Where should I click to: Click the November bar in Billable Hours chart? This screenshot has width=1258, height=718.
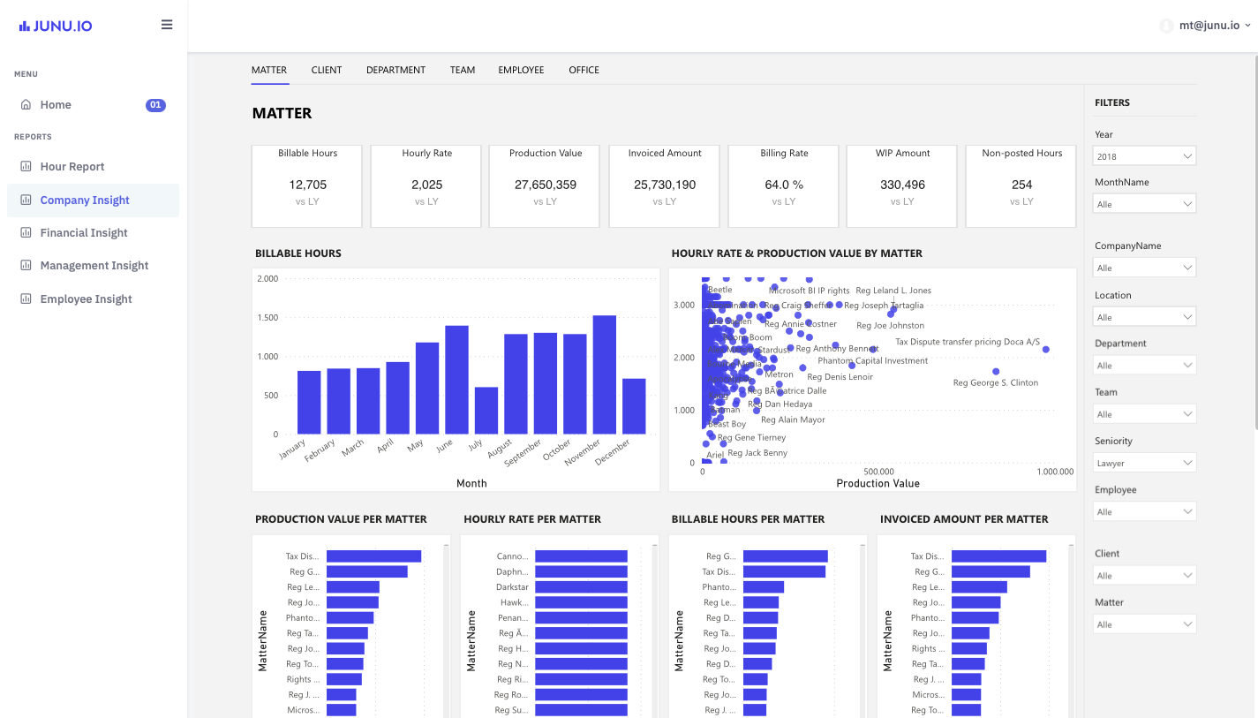(x=604, y=374)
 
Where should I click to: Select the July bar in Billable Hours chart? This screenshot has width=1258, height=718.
(x=486, y=411)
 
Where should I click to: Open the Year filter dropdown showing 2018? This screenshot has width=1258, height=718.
(x=1145, y=156)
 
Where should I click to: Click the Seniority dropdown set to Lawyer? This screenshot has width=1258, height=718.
(x=1145, y=463)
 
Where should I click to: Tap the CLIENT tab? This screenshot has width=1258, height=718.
(x=326, y=70)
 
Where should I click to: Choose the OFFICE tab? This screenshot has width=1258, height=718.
(x=584, y=70)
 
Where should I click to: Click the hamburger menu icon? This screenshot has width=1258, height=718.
(x=167, y=25)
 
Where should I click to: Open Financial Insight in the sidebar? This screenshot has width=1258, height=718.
(x=84, y=233)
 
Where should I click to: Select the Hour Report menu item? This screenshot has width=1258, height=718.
(x=72, y=167)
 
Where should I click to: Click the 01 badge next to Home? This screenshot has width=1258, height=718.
(x=155, y=105)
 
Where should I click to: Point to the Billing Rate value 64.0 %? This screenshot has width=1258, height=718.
(x=784, y=185)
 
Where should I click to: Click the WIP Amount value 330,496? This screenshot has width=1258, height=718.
(x=902, y=185)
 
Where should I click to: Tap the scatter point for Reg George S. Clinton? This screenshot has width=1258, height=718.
(x=996, y=372)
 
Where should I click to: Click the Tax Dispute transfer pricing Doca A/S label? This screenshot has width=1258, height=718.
(x=968, y=342)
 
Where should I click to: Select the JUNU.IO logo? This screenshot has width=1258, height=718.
(x=56, y=26)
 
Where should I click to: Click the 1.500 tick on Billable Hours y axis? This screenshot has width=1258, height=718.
(x=267, y=318)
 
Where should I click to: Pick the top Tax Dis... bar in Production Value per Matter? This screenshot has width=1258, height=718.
(x=373, y=556)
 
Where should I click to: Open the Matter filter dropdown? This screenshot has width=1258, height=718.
(x=1145, y=624)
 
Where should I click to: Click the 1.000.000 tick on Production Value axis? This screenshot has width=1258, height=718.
(x=1055, y=472)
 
